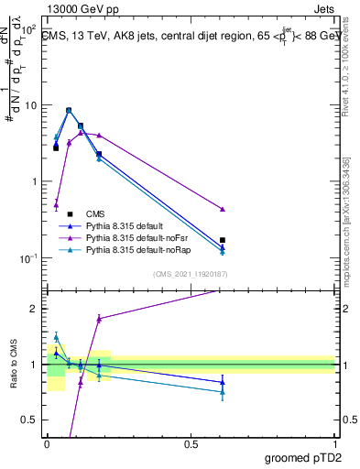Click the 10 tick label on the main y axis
click(x=30, y=105)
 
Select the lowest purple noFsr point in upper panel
click(x=56, y=204)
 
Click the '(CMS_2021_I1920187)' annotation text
click(x=191, y=274)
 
